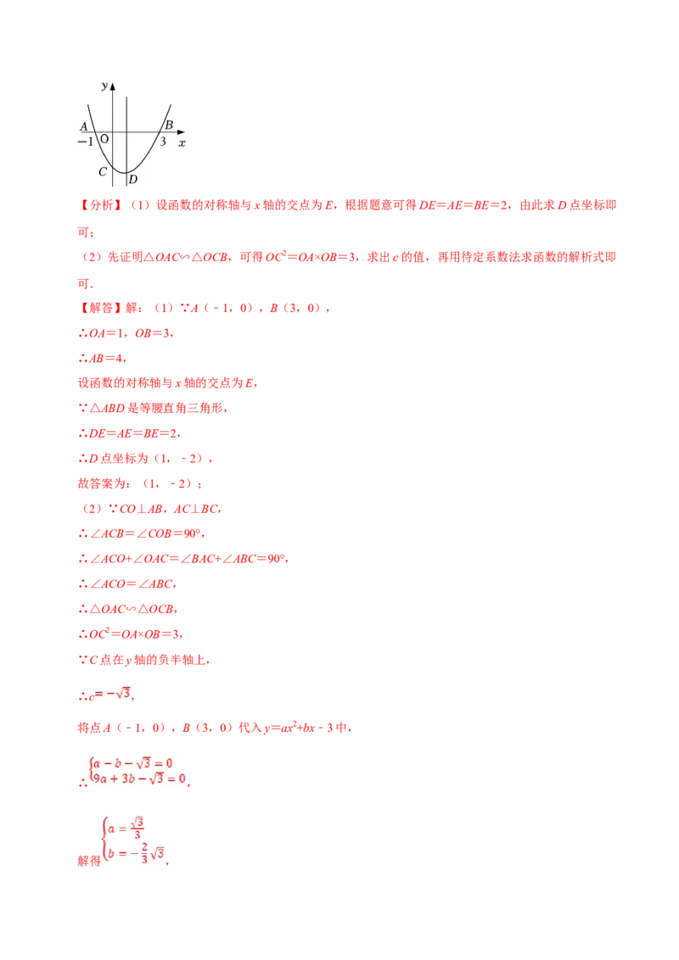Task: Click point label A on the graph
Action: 84,126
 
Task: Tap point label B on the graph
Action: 169,125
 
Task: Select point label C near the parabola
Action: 103,172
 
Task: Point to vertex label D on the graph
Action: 133,179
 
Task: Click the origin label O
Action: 104,139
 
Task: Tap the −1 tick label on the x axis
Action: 85,142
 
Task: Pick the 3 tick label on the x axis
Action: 163,142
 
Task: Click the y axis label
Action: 104,86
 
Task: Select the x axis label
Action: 182,143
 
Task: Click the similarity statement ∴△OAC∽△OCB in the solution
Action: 127,609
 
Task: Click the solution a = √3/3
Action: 125,829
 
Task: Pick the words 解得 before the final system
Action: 89,861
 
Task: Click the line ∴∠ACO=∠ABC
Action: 126,584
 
